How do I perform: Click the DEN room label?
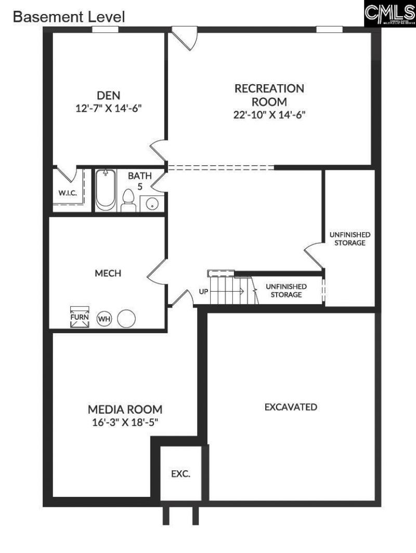109,96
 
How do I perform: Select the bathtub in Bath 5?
106,190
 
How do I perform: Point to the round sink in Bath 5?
151,203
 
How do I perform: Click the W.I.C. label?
68,193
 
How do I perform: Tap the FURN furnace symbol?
80,317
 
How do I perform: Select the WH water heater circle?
105,318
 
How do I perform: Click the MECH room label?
108,273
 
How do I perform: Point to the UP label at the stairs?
203,292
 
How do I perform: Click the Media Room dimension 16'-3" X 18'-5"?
124,422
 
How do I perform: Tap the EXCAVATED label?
291,407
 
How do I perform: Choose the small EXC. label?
181,474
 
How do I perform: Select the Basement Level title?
69,17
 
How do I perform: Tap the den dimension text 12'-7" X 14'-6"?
109,109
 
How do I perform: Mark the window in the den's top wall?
105,30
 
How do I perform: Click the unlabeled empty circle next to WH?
126,318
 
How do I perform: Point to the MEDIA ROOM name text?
125,409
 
